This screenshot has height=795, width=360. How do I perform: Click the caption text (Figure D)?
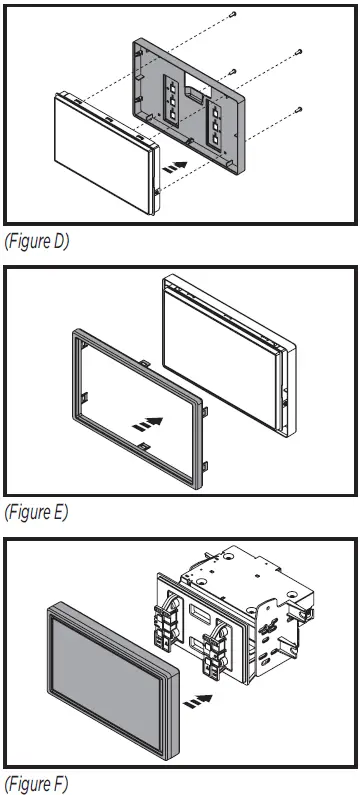[37, 242]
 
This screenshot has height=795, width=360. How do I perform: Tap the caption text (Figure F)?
[37, 781]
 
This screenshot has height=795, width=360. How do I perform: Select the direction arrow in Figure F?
[202, 689]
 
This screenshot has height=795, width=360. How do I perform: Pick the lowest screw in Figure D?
[298, 109]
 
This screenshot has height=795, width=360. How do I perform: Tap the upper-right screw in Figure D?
[297, 52]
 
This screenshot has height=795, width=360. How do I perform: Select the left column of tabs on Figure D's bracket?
[173, 101]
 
